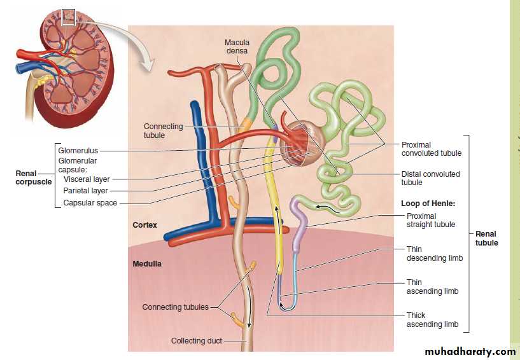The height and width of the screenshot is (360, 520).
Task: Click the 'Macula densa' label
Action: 237,47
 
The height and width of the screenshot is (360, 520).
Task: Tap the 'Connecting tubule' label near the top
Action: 163,131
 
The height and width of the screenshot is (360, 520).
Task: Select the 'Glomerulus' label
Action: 78,151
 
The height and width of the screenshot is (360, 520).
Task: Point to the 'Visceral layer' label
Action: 87,179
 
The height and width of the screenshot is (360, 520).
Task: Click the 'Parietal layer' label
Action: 86,191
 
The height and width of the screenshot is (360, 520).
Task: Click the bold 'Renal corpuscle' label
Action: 34,177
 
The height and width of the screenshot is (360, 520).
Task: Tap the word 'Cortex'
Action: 144,225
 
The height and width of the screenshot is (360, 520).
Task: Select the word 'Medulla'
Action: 147,263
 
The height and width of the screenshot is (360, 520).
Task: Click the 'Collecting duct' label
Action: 197,341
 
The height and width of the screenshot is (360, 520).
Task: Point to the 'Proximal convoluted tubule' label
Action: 431,149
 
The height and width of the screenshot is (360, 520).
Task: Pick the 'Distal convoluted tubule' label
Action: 430,178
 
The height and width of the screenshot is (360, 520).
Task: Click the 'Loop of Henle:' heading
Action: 428,204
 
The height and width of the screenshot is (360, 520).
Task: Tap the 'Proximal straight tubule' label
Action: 431,220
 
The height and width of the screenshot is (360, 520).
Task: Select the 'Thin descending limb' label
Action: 434,254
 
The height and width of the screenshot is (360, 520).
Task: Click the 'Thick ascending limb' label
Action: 432,320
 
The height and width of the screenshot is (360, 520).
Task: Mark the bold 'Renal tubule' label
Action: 486,239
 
